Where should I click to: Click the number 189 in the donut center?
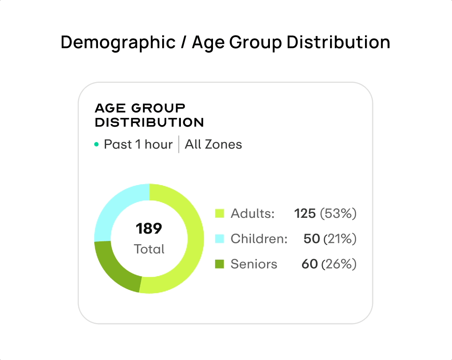149,228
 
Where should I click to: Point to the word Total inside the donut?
149,249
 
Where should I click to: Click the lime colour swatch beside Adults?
219,213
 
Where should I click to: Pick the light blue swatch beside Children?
219,239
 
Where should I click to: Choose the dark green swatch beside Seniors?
219,264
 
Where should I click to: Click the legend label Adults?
252,213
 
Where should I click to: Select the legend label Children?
259,239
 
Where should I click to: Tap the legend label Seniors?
254,264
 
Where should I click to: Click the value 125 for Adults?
305,213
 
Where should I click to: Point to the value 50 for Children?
311,239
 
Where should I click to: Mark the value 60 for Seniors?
309,264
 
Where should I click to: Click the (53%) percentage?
338,213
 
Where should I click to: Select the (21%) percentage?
340,239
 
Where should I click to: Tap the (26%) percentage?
339,264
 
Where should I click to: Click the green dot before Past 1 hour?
96,144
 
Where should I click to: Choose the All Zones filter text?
213,144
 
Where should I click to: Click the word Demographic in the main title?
118,43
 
